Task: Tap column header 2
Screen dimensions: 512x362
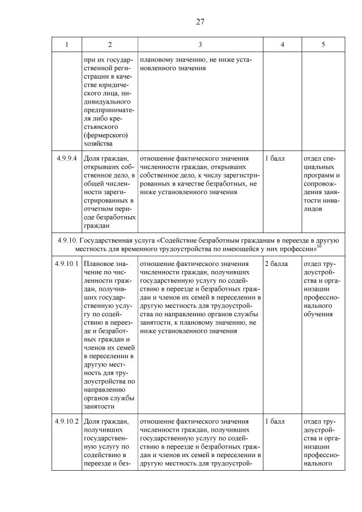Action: pos(109,45)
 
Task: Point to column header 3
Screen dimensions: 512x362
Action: pos(200,45)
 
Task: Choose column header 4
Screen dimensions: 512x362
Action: pos(282,45)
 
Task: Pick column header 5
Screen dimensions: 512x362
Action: pos(322,45)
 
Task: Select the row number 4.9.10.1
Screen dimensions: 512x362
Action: pos(66,264)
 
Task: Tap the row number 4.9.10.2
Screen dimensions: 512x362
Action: pos(66,421)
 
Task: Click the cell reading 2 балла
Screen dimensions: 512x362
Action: pos(276,264)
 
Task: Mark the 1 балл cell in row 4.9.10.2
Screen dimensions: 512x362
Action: pos(274,421)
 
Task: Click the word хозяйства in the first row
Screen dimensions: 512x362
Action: pos(98,144)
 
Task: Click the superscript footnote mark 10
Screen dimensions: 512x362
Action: pos(319,246)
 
